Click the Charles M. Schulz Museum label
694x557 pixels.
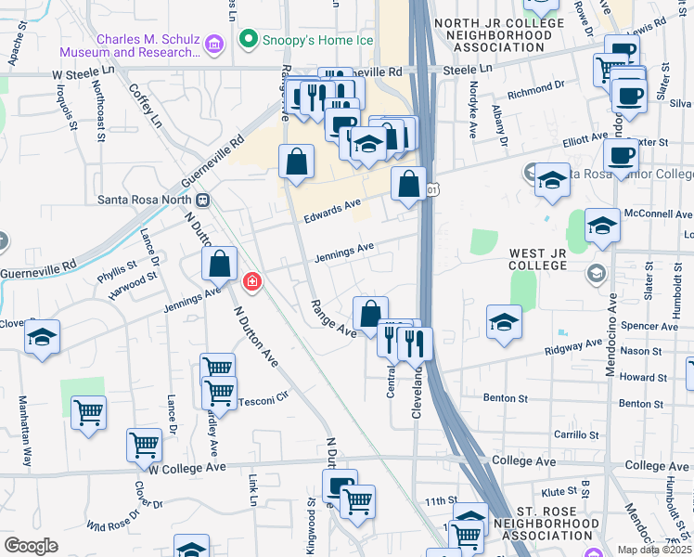(x=130, y=46)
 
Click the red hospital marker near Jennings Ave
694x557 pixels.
(x=251, y=280)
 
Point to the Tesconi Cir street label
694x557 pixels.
(x=264, y=402)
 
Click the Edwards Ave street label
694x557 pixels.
(x=332, y=211)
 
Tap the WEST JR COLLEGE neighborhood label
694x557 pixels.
(x=550, y=259)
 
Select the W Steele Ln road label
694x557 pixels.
(x=81, y=73)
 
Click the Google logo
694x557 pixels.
(x=31, y=545)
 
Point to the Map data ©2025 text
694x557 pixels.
(x=653, y=550)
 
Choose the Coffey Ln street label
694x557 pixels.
(x=146, y=107)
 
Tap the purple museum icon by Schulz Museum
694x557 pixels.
(x=214, y=44)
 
